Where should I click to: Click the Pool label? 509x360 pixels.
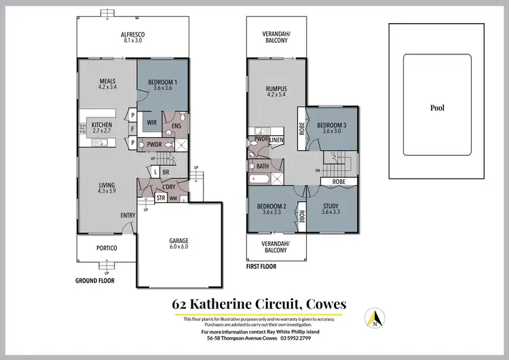pos(438,107)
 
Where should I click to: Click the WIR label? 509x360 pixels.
pos(153,122)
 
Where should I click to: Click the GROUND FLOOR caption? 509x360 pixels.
pos(94,280)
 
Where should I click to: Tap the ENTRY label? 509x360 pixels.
pos(128,215)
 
